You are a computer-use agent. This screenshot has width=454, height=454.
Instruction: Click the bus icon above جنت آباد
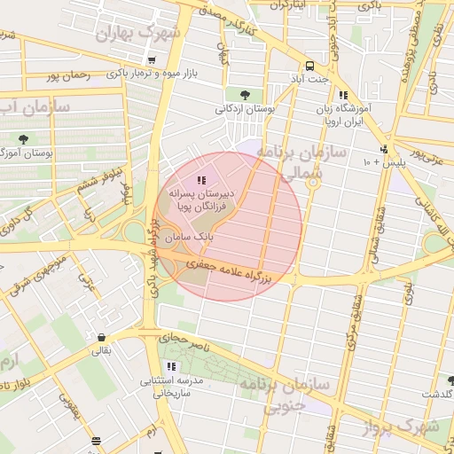309,66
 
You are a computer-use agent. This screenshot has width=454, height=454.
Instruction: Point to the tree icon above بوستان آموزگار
22,139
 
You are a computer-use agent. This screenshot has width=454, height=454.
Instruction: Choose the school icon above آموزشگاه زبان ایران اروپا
343,95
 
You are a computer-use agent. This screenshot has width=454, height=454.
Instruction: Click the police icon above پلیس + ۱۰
383,149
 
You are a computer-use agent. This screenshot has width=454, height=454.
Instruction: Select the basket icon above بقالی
105,337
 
